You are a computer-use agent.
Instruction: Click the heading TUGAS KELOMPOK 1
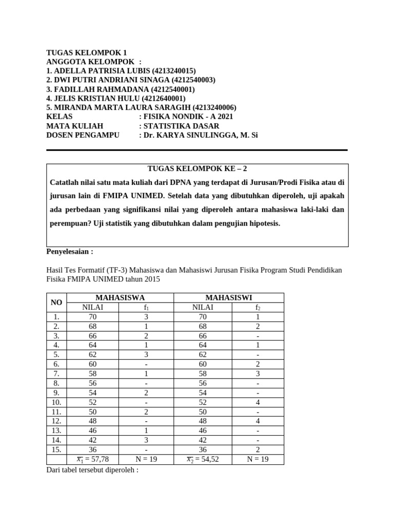[x=86, y=52]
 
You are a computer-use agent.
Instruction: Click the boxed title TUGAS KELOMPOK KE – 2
[x=198, y=168]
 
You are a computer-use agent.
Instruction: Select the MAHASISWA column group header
[x=120, y=297]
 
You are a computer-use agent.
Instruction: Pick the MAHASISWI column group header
[x=228, y=297]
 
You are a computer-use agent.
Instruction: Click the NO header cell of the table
[x=56, y=303]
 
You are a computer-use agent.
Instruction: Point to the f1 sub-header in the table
[x=146, y=307]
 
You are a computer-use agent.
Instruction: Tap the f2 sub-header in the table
[x=258, y=307]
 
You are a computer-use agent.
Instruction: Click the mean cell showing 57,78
[x=93, y=460]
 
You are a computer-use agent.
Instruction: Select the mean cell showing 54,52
[x=203, y=460]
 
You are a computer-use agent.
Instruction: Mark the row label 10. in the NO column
[x=56, y=402]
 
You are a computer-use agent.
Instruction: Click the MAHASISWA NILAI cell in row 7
[x=93, y=373]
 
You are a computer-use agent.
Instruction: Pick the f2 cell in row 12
[x=258, y=421]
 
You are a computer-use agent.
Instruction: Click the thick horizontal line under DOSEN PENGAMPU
[x=197, y=150]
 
